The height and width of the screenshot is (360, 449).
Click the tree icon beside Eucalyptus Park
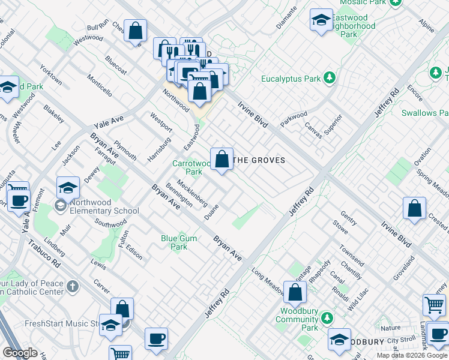tap(329, 78)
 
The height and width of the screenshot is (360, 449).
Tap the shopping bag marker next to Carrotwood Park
tap(221, 160)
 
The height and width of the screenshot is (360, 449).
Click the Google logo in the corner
tap(20, 353)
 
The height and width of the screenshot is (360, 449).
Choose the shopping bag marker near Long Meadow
tap(295, 293)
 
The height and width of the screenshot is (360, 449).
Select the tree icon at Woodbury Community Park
tap(327, 317)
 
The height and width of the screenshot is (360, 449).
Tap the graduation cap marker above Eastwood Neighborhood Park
tap(321, 20)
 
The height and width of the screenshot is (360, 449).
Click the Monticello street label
tap(99, 85)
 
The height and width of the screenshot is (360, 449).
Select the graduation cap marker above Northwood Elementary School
tap(68, 188)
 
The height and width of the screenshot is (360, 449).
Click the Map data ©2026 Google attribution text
tap(412, 355)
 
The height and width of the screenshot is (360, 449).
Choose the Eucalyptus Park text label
tap(291, 79)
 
